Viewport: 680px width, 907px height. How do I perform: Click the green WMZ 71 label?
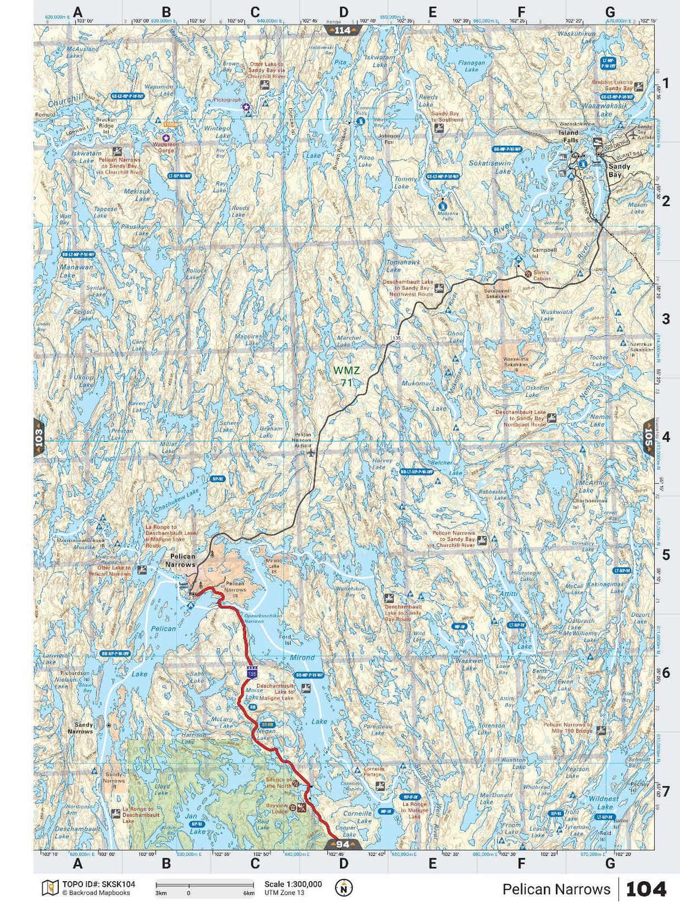[x=346, y=376]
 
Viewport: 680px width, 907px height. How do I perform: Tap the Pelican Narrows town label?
[x=181, y=561]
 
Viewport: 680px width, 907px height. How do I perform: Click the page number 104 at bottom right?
[x=646, y=889]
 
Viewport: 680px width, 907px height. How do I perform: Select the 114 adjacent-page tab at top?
[x=342, y=30]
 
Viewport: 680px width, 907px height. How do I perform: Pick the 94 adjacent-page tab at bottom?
[x=343, y=844]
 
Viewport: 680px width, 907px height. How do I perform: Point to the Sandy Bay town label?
[x=619, y=170]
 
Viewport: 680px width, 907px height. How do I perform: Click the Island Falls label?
[x=569, y=136]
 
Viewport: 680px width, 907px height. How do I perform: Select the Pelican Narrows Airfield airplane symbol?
[x=311, y=452]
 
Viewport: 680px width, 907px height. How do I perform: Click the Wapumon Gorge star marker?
[x=165, y=137]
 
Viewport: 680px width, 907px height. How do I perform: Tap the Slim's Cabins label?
[x=542, y=275]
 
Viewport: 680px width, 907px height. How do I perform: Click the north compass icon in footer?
[x=343, y=887]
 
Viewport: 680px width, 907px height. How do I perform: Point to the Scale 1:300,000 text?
[x=293, y=884]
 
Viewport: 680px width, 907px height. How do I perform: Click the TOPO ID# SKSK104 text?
[x=99, y=884]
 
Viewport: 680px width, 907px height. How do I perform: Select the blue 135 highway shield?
[x=253, y=671]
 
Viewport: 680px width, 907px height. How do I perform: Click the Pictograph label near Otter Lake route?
[x=227, y=100]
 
